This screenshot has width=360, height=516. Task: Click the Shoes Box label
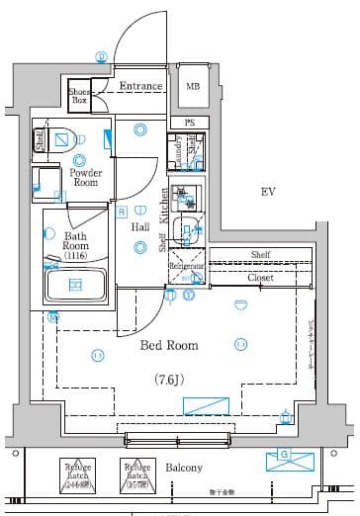[78, 96]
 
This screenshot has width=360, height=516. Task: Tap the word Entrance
[140, 86]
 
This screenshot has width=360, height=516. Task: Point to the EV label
[266, 191]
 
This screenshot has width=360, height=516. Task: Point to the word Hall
[140, 227]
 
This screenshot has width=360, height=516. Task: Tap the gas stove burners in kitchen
[182, 194]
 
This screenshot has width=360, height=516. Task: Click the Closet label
[260, 279]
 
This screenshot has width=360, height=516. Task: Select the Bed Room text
[168, 346]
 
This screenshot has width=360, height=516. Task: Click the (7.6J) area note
[169, 379]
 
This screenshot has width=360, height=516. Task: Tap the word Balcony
[183, 468]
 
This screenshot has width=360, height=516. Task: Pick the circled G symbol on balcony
[285, 456]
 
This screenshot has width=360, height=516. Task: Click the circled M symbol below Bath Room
[53, 317]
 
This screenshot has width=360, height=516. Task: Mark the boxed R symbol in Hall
[121, 212]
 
